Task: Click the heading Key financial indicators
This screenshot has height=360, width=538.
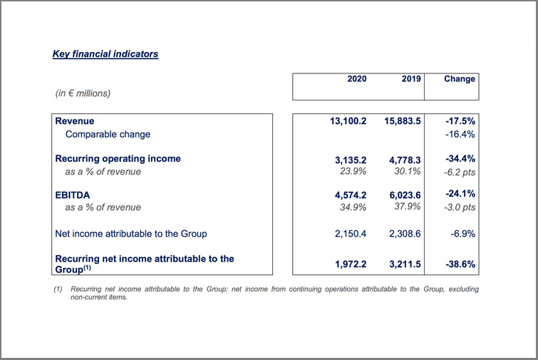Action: click(x=105, y=54)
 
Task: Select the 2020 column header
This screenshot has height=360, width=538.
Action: click(x=357, y=79)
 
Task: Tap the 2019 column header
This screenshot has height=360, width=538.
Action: click(x=411, y=79)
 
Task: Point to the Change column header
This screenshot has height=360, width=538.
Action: click(x=460, y=79)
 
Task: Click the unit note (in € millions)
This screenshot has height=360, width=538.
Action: click(x=83, y=93)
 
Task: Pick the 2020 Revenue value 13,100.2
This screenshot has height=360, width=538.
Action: click(x=348, y=121)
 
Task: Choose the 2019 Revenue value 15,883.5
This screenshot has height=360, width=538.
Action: click(x=402, y=121)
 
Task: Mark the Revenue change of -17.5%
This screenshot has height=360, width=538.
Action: click(x=460, y=121)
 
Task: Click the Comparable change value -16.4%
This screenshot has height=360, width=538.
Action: click(x=460, y=134)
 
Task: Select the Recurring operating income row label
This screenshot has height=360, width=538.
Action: click(x=118, y=158)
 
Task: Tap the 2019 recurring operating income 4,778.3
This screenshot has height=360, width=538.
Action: click(x=405, y=160)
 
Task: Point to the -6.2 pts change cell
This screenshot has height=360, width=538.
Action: click(x=460, y=173)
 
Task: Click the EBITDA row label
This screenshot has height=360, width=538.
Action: click(x=73, y=195)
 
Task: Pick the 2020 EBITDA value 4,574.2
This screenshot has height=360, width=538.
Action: click(x=351, y=195)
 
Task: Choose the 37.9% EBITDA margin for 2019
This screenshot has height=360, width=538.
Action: click(x=408, y=207)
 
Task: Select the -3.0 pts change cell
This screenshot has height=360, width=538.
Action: click(x=460, y=207)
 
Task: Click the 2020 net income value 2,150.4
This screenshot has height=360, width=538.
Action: click(x=351, y=234)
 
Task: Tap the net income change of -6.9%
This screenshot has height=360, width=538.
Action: click(x=462, y=234)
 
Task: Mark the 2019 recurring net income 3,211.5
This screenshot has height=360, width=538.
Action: click(x=405, y=264)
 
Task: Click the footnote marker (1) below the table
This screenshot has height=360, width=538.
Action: click(x=58, y=289)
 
